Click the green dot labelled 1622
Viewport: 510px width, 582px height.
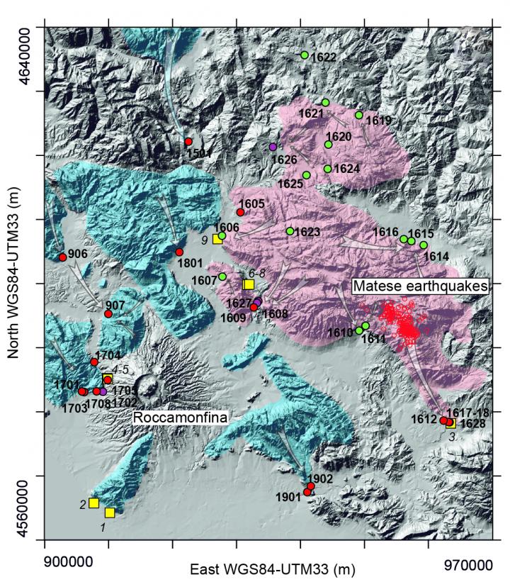coord(305,55)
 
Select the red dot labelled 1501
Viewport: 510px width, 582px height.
coord(188,142)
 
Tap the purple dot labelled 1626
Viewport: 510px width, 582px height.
coord(273,147)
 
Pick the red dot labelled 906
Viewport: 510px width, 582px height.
coord(62,257)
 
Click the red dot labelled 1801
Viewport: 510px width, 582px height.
coord(179,252)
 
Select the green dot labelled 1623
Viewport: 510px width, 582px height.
coord(290,231)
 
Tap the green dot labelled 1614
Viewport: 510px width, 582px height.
coord(424,245)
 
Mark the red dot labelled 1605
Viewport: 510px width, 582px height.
coord(240,213)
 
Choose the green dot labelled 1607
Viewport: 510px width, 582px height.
coord(222,276)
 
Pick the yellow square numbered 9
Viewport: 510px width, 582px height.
coord(217,239)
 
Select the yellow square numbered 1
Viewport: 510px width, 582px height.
coord(110,513)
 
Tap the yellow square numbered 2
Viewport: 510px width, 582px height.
coord(93,503)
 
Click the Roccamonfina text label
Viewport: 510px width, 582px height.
coord(181,419)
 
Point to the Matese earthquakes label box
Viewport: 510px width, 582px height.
coord(421,286)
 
